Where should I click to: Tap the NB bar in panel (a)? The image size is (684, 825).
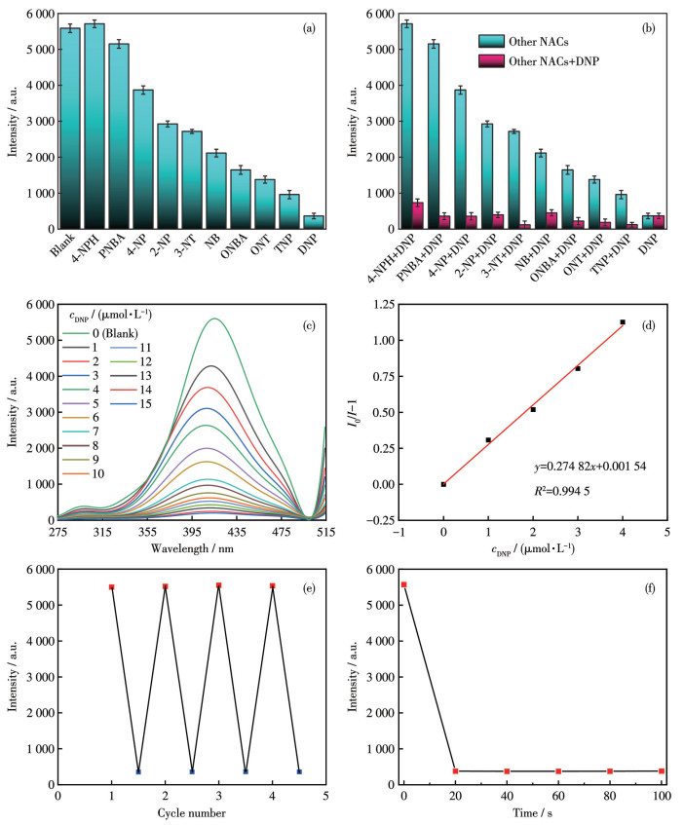[x=216, y=191]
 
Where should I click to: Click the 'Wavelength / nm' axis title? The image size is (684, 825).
[x=194, y=547]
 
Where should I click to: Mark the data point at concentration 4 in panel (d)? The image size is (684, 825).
[x=622, y=322]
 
